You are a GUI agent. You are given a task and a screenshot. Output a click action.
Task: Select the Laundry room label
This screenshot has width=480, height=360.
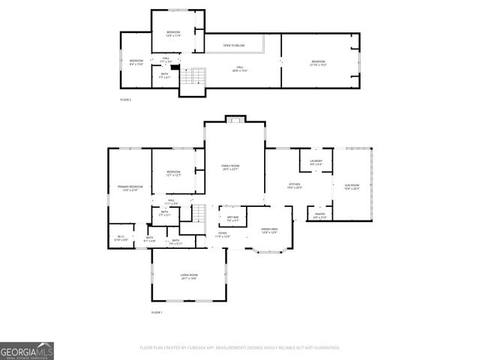point(316,162)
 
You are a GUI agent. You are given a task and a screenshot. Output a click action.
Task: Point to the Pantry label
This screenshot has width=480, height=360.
point(319,215)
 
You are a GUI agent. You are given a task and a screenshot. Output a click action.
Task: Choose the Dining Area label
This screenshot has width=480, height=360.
point(270,230)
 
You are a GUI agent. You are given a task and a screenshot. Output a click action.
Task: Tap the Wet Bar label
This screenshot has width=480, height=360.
point(232,219)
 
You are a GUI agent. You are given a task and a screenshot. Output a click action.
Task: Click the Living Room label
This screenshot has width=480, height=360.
point(188,277)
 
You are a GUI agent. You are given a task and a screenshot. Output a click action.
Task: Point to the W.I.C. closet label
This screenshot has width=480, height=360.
point(121,238)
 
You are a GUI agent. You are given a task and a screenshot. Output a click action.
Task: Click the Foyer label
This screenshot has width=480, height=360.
point(223,235)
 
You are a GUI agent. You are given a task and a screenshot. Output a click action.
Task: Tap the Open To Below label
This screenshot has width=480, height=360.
point(233,46)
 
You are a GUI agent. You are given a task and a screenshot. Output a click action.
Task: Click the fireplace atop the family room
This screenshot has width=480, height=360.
point(235,119)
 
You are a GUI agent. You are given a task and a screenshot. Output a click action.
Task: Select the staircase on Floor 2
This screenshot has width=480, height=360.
point(197,76)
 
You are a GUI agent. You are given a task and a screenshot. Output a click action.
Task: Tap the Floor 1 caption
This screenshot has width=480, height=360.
point(157,312)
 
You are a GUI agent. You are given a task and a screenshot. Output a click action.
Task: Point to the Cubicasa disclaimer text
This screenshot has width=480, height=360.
point(240,348)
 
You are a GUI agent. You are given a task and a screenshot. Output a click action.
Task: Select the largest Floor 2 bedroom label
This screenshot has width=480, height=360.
point(319,62)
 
